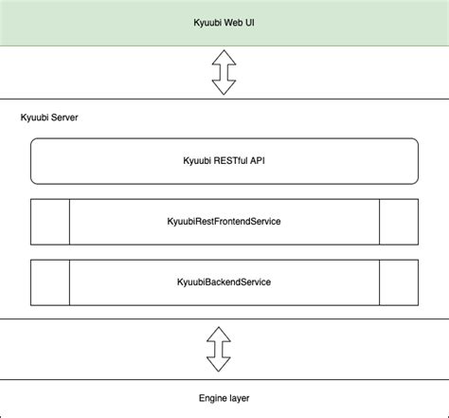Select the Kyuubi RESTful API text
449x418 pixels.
224,161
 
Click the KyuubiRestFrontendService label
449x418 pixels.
224,222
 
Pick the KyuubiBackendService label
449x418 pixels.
224,282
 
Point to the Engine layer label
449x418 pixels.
224,398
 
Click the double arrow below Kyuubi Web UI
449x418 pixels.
224,73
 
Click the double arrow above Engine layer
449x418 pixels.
219,349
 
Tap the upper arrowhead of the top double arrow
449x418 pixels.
224,58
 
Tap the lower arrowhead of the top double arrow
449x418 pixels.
224,88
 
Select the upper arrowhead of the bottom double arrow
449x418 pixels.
219,333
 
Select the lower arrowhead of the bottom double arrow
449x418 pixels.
219,365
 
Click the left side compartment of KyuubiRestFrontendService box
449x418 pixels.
50,222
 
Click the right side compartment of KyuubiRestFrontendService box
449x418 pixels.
398,222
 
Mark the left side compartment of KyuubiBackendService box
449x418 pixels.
50,282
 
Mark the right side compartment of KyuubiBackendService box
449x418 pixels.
398,282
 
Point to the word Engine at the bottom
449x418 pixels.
213,398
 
